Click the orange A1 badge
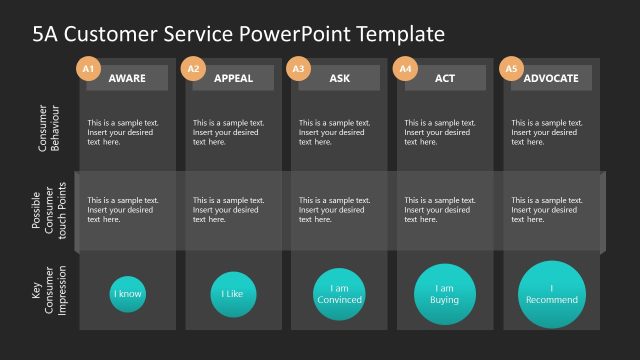(x=88, y=69)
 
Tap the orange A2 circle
(x=194, y=69)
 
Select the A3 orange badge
(x=298, y=69)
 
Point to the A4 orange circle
(x=405, y=69)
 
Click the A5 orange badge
(x=511, y=69)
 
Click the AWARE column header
(x=127, y=78)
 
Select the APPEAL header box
(x=233, y=78)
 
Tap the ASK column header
(x=339, y=78)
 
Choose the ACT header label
(x=445, y=78)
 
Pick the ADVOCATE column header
(x=551, y=78)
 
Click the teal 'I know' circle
(x=127, y=294)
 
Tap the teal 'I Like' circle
(x=233, y=294)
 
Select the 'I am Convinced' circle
(x=339, y=294)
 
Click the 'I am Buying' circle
(x=445, y=294)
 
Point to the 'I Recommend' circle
(x=552, y=294)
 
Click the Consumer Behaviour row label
(x=49, y=129)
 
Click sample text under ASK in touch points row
(x=335, y=210)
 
